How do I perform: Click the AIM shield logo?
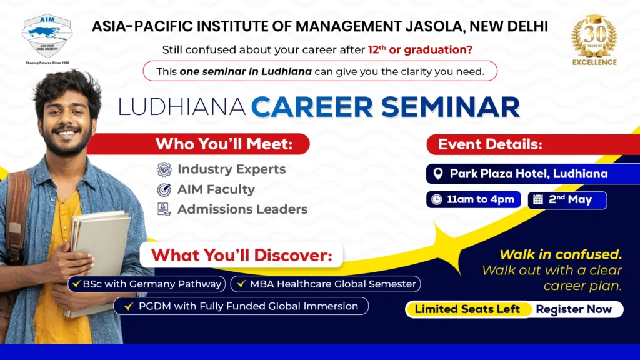click(x=47, y=37)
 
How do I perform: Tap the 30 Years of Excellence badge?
click(x=594, y=40)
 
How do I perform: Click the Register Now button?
click(x=574, y=309)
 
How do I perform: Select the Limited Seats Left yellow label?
click(x=467, y=309)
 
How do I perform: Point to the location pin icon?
click(x=438, y=174)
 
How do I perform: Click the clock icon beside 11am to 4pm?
click(x=437, y=199)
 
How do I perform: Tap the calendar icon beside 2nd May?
click(x=538, y=199)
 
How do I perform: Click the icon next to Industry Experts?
click(x=164, y=169)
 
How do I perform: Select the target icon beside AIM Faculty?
click(x=164, y=190)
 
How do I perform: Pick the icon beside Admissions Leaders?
click(x=164, y=209)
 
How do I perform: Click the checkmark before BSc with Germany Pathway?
click(x=76, y=284)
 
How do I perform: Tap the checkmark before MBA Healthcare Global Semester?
click(x=241, y=284)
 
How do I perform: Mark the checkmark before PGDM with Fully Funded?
click(x=129, y=306)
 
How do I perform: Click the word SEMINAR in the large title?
click(x=451, y=107)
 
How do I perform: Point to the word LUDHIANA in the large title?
click(x=182, y=107)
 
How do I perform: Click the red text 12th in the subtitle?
click(x=377, y=49)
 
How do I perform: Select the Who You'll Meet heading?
click(x=224, y=144)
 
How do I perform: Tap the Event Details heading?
click(x=490, y=144)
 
